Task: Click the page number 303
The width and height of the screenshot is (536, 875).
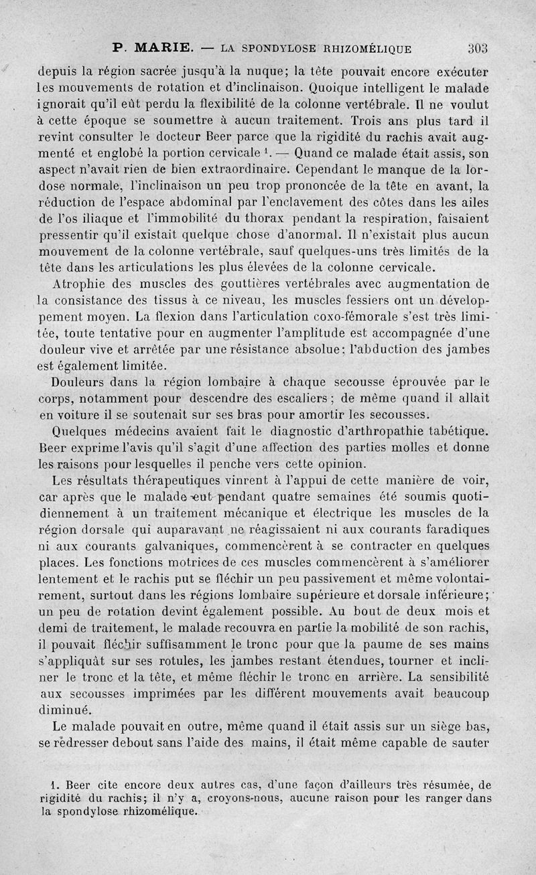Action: coord(477,48)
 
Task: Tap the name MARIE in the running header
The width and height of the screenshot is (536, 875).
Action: coord(164,48)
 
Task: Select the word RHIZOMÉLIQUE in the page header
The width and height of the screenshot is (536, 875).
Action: coord(367,48)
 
